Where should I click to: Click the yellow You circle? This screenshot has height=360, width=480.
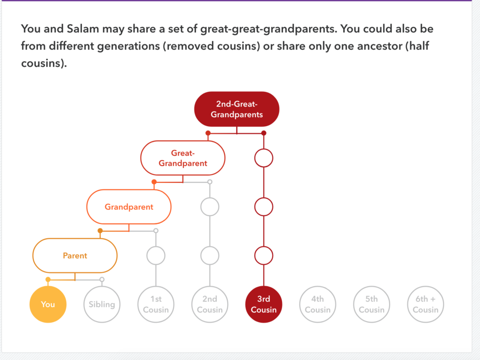(48, 304)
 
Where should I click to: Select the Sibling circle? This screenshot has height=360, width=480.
(102, 304)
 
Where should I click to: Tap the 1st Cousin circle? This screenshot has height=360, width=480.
(156, 304)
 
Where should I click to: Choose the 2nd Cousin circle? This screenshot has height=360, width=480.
(210, 304)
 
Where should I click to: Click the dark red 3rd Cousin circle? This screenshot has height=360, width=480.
(263, 304)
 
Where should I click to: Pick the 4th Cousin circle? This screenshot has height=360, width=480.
(317, 304)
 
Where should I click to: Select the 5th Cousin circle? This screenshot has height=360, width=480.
(371, 304)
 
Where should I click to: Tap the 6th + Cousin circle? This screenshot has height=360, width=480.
(426, 304)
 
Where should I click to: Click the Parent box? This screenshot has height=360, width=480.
(75, 255)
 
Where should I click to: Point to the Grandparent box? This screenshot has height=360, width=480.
(129, 207)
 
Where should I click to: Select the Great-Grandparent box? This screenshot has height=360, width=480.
(183, 158)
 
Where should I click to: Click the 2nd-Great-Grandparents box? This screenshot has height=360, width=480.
(237, 109)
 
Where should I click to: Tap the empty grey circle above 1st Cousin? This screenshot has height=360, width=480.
(156, 255)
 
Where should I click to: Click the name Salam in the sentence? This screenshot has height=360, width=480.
(83, 29)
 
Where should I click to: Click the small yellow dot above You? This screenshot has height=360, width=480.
(48, 279)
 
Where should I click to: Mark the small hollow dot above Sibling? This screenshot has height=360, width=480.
(102, 279)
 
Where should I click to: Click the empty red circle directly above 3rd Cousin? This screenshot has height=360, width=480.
(263, 255)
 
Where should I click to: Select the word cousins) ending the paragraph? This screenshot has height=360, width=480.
(44, 63)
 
